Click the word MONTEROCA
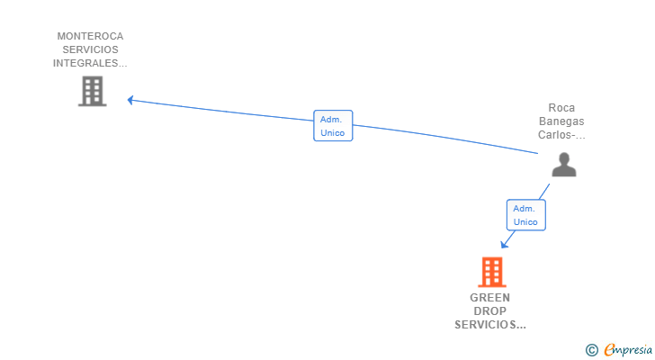pos(90,36)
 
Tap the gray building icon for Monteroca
pos(93,91)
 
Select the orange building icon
pos(492,272)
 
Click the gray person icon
pos(564,165)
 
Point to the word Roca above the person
pos(561,108)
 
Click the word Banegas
pos(561,121)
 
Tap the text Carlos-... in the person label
pos(561,135)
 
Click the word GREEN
pos(490,298)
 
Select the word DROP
pos(490,311)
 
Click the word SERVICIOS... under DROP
pos(490,325)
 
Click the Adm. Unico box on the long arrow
pos(333,126)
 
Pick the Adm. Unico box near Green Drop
pos(526,215)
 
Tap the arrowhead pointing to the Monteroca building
pos(130,100)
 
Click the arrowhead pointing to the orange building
pos(504,244)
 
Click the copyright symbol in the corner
pos(591,350)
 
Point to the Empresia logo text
pos(628,350)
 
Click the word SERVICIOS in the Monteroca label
pos(90,49)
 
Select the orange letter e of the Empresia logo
pos(609,349)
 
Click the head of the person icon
pos(564,158)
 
